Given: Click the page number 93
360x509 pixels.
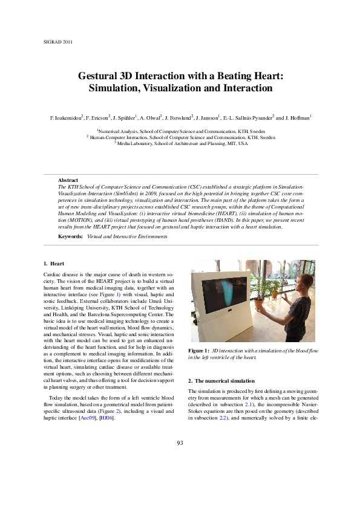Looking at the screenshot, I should pyautogui.click(x=180, y=443).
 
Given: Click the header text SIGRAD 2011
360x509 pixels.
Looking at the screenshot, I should pyautogui.click(x=58, y=42).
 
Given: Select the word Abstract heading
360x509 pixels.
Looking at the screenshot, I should pyautogui.click(x=68, y=181).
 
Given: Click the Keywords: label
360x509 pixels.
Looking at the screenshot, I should pyautogui.click(x=70, y=236).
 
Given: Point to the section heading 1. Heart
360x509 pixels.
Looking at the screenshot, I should pyautogui.click(x=54, y=264).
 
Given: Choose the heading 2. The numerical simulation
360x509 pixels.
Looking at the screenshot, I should pyautogui.click(x=221, y=381).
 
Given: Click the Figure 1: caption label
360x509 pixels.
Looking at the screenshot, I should pyautogui.click(x=198, y=351).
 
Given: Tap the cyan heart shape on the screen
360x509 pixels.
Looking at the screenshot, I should pyautogui.click(x=226, y=296).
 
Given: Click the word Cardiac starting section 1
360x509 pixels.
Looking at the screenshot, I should pyautogui.click(x=53, y=274).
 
